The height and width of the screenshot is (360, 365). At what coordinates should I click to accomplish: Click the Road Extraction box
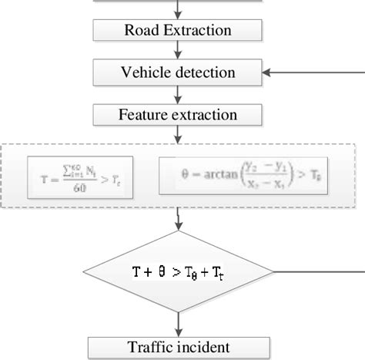tap(178, 31)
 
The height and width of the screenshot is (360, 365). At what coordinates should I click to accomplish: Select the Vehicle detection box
tap(178, 73)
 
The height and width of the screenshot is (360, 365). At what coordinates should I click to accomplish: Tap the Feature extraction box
tap(178, 116)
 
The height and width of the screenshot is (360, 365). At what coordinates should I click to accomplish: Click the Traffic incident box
tap(178, 346)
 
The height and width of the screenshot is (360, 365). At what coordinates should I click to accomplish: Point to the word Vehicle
tap(144, 73)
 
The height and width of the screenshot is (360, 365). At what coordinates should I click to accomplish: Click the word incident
tap(208, 346)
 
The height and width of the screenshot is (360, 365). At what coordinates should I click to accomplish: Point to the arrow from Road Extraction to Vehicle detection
tap(178, 51)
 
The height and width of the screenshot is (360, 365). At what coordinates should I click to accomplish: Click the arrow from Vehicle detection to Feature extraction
tap(178, 94)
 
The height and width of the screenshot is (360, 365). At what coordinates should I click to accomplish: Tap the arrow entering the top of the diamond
tap(178, 219)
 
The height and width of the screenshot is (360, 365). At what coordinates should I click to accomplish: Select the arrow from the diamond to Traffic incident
tap(178, 322)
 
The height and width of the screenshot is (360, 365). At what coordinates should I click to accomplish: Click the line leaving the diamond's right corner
tap(316, 271)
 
